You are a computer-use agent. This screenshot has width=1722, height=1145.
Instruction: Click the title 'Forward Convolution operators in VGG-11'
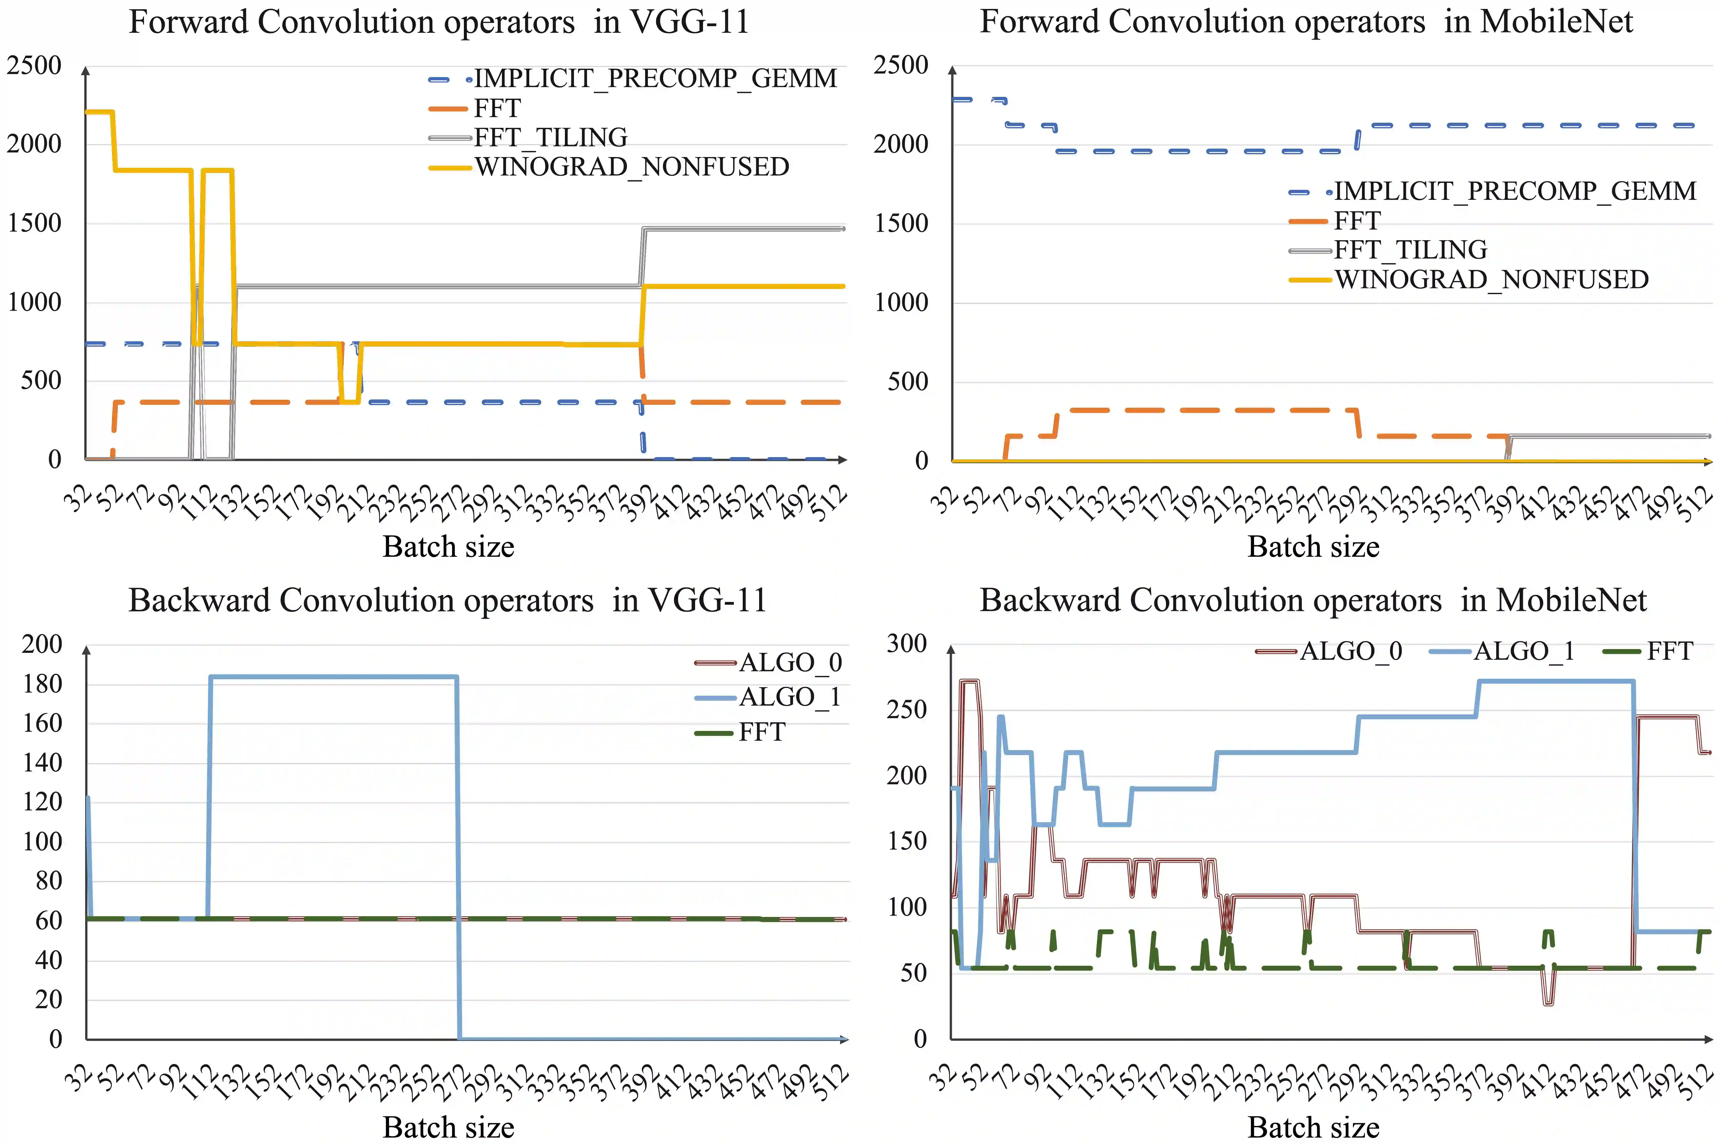[439, 22]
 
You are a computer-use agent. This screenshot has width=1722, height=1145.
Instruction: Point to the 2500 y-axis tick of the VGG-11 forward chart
[34, 66]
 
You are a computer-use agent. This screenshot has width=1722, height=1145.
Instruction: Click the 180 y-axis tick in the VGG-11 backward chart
[42, 684]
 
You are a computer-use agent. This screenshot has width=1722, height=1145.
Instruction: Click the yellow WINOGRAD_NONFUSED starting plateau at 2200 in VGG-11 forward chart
[99, 112]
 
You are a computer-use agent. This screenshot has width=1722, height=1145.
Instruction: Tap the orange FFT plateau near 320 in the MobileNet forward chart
[1205, 410]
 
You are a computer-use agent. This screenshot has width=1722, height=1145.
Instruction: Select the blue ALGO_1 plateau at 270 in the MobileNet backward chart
[1555, 681]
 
